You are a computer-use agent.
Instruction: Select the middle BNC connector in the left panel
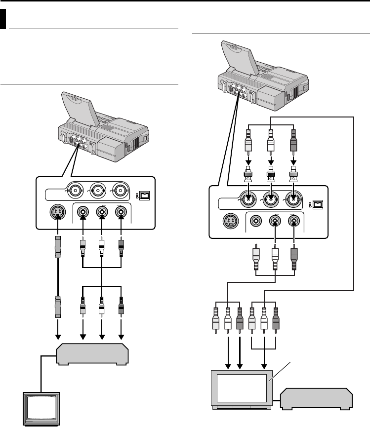coord(95,190)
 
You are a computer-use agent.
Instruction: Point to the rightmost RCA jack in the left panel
coord(120,213)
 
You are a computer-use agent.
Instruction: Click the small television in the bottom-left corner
coord(42,408)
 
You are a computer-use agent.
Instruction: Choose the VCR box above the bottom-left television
coord(93,354)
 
